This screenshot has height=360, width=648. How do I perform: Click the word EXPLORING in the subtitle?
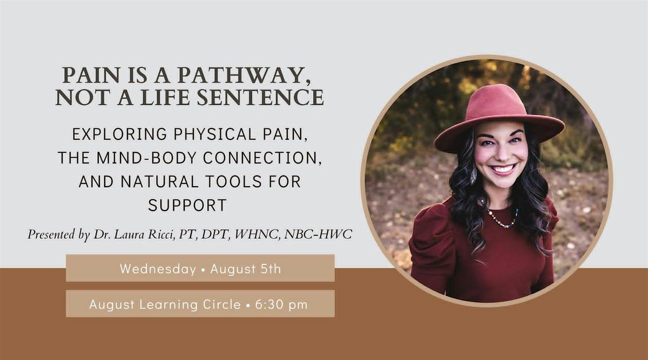tap(119, 134)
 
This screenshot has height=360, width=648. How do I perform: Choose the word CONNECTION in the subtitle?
tap(262, 158)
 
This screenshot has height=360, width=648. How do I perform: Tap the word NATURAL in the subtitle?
tap(160, 181)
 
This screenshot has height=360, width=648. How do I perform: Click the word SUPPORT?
tap(187, 205)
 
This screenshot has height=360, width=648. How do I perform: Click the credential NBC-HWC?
tap(318, 234)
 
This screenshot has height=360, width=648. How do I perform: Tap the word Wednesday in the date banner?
tap(158, 269)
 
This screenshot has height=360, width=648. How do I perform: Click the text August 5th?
tap(246, 269)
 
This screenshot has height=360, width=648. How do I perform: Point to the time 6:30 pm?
tap(281, 304)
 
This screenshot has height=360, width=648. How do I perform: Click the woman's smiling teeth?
tap(503, 168)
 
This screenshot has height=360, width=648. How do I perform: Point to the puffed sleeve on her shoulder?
tap(433, 232)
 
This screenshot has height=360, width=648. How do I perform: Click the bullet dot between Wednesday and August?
tap(203, 270)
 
